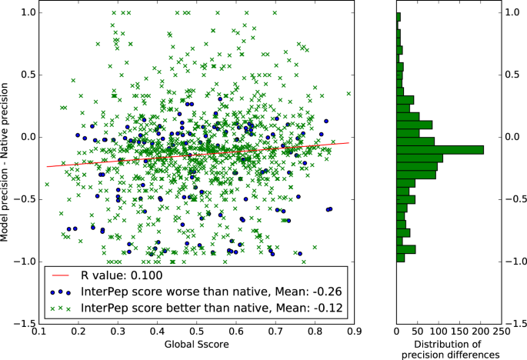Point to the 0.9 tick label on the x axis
click(x=354, y=332)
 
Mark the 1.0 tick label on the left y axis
click(x=27, y=13)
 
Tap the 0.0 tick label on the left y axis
click(x=27, y=137)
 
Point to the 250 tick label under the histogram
click(x=500, y=332)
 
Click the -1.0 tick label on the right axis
click(x=515, y=262)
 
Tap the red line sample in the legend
click(x=62, y=275)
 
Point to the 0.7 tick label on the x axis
click(x=275, y=332)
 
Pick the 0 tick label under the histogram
click(x=396, y=332)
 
